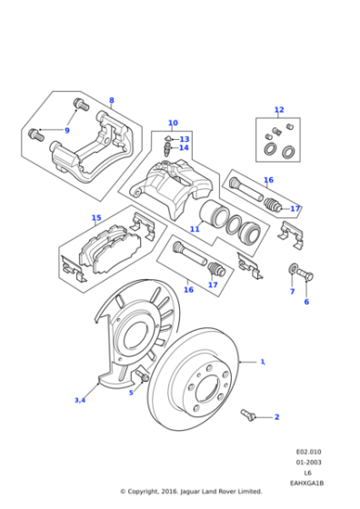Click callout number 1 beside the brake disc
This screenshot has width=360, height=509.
click(x=263, y=362)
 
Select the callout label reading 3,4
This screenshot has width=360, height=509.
click(x=80, y=400)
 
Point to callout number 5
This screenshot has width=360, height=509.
click(x=131, y=393)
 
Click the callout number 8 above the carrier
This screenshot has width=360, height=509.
click(x=112, y=100)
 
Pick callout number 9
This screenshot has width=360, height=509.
click(x=66, y=130)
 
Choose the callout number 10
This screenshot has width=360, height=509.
click(x=173, y=123)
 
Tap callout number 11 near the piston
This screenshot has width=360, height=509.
click(x=194, y=229)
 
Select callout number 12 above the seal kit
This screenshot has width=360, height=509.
click(x=279, y=110)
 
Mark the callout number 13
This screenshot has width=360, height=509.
click(x=185, y=139)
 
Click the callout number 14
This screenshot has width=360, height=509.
click(x=184, y=148)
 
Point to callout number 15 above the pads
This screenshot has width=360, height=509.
click(x=96, y=217)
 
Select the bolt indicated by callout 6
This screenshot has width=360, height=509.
click(x=305, y=274)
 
